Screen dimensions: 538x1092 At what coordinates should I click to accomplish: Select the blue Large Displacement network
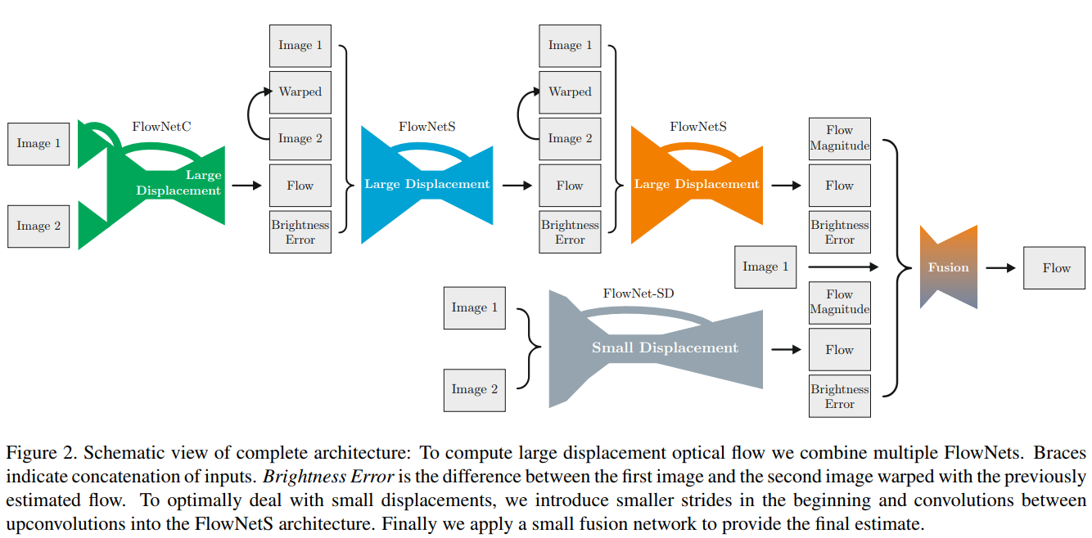[426, 185]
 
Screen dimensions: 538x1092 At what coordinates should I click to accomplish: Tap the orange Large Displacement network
[697, 185]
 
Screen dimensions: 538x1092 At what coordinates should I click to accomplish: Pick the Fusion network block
[948, 267]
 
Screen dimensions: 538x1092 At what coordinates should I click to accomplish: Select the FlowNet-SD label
[639, 293]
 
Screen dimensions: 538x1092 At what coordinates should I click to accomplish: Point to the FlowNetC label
[161, 127]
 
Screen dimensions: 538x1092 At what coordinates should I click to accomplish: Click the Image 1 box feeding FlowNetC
[38, 144]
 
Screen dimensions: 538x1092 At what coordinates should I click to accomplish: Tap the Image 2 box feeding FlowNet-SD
[474, 389]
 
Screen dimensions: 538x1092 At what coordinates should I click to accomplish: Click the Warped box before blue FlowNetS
[300, 92]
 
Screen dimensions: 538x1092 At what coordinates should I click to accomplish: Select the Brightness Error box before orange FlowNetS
[570, 232]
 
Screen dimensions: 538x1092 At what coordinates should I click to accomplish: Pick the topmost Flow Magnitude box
[839, 138]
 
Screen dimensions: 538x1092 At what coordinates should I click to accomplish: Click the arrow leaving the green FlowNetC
[246, 186]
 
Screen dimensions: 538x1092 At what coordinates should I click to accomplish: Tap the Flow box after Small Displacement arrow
[839, 350]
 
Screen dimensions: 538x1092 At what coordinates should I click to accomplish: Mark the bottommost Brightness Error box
[839, 397]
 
